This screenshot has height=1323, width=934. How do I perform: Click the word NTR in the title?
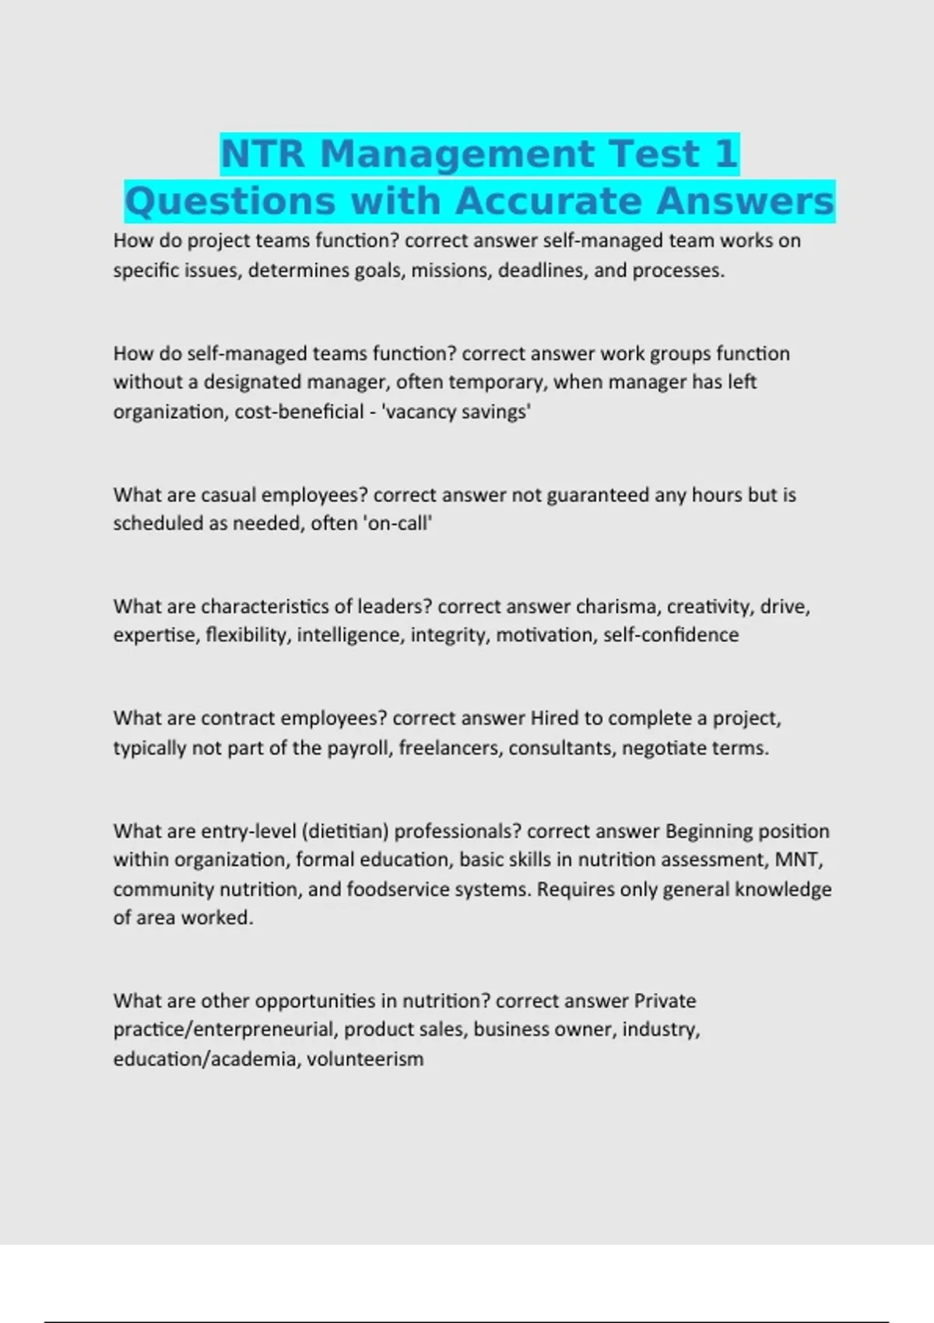coord(262,154)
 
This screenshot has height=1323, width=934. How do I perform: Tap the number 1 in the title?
coord(725,154)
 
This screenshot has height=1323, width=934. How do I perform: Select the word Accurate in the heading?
coord(548,201)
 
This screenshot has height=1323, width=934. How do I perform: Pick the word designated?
coord(252,382)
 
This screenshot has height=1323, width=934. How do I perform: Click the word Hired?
coord(554,718)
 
